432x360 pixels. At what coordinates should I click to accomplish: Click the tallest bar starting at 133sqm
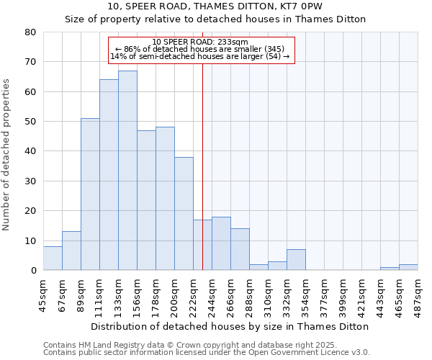click(127, 171)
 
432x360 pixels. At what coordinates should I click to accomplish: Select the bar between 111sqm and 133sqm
click(109, 175)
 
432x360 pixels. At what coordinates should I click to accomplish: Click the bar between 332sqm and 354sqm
click(296, 260)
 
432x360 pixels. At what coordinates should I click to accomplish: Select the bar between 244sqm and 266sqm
click(221, 243)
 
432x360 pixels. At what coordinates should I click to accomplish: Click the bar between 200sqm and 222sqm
click(184, 214)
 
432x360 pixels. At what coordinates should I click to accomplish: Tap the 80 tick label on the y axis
click(30, 32)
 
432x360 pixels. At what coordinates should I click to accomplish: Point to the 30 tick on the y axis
click(30, 181)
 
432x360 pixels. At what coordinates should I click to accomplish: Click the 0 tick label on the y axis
click(33, 271)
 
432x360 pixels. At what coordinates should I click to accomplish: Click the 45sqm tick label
click(43, 294)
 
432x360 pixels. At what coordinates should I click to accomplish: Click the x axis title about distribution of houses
click(230, 326)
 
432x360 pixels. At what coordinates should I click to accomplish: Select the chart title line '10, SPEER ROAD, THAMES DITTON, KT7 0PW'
click(215, 6)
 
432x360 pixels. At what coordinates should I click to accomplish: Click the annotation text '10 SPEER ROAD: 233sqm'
click(201, 42)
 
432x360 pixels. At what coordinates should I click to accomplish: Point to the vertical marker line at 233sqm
click(202, 166)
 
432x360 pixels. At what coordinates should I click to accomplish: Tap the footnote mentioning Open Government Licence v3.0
click(207, 353)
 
